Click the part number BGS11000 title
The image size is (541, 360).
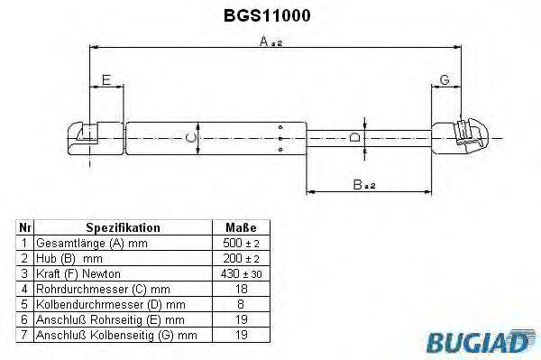[x=267, y=15]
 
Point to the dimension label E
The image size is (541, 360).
[x=106, y=80]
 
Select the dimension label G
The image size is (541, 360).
[x=445, y=79]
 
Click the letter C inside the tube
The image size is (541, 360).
[x=191, y=138]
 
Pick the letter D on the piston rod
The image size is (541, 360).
[x=354, y=138]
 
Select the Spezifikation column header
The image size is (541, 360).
[x=123, y=227]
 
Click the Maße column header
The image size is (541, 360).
[x=241, y=227]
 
